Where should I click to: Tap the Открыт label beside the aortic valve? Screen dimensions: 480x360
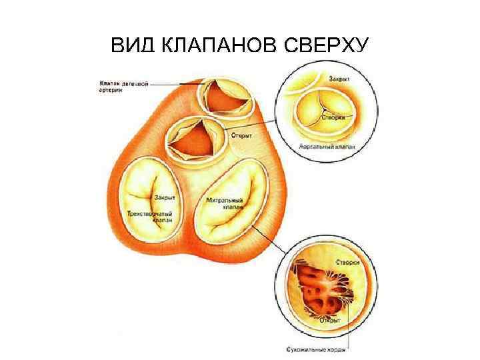point(241,135)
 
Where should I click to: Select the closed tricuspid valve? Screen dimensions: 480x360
point(147,200)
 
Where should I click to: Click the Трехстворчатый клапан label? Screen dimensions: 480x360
point(149,216)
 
